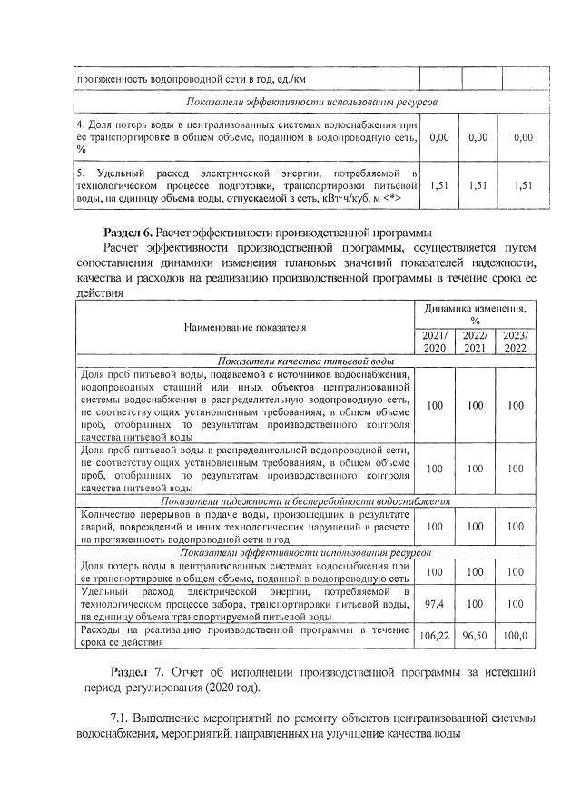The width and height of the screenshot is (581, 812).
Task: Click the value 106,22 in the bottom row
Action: pos(435,636)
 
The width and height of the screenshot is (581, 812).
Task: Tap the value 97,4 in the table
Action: pos(435,603)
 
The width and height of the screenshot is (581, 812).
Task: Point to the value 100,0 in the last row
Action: pos(516,636)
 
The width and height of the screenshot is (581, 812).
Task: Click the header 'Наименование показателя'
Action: pos(245,327)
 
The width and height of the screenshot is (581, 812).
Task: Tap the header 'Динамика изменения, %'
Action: pos(475,314)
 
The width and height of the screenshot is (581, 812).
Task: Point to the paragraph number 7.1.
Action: pos(120,718)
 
